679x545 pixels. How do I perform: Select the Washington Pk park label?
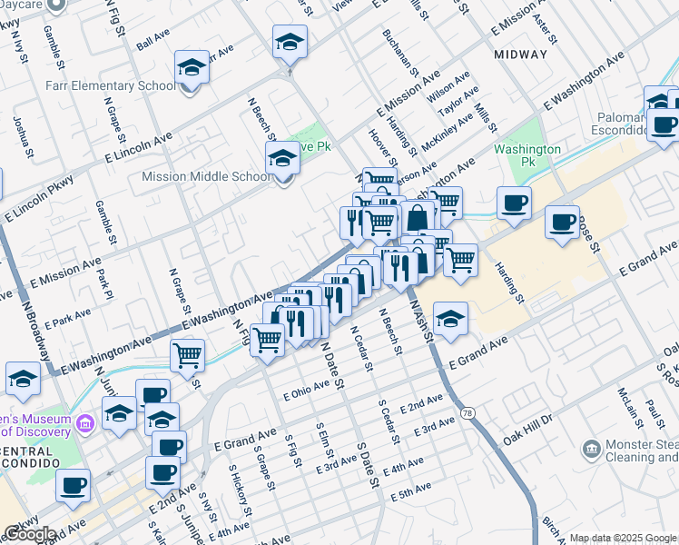tap(527, 155)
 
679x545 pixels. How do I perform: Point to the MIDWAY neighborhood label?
tap(521, 54)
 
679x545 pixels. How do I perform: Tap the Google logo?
tap(29, 534)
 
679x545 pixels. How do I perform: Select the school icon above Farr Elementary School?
tap(192, 67)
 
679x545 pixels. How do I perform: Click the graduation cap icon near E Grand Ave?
tap(450, 319)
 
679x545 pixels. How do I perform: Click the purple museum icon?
tap(85, 422)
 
